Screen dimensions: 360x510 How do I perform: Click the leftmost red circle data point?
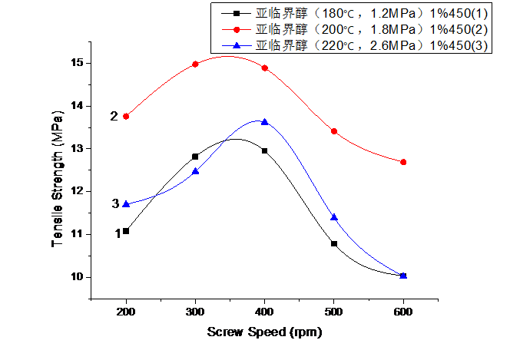pos(126,116)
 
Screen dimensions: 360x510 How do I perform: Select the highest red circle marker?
pos(195,64)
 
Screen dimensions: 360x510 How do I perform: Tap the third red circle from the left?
pos(264,68)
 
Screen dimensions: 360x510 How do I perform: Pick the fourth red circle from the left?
pos(334,131)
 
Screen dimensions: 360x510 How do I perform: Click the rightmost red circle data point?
pos(403,162)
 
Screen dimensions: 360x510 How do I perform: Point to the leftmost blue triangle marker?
pos(126,203)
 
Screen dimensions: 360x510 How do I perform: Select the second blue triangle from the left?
pos(195,171)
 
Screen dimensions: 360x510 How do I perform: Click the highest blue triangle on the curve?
pos(264,121)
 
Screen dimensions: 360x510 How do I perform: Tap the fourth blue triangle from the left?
pos(334,217)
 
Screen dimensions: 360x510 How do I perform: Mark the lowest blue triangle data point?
pos(403,276)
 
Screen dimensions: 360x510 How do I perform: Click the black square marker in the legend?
pos(236,13)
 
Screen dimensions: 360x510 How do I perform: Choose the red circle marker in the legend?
pos(236,29)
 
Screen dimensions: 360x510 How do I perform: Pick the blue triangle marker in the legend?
pos(236,46)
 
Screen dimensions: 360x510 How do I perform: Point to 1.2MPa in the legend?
pos(388,13)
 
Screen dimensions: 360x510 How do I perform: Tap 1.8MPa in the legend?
pos(388,29)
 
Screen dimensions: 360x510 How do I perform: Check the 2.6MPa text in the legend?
pos(388,46)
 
